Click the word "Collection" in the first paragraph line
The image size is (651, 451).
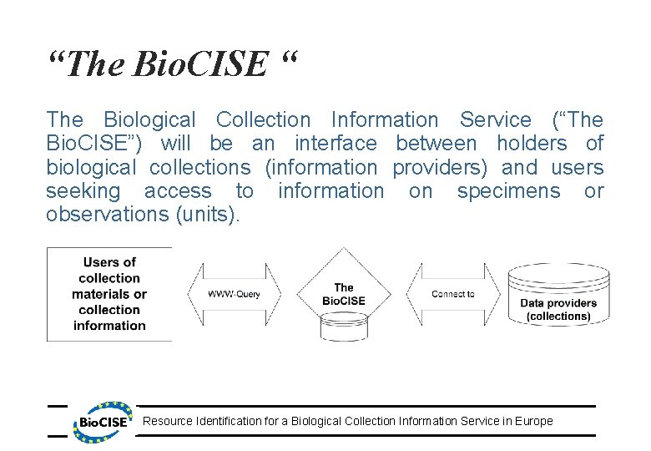click(263, 121)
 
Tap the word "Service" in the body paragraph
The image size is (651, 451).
click(495, 121)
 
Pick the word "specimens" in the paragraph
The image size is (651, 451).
click(509, 191)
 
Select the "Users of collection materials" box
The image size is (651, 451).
click(109, 294)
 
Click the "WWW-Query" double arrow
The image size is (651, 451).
click(234, 294)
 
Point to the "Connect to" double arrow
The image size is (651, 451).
click(453, 294)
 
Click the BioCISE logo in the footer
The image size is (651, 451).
click(104, 420)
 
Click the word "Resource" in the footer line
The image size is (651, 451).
click(167, 421)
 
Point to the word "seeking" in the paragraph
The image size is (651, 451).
click(83, 191)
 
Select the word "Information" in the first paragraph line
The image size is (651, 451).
click(384, 121)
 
